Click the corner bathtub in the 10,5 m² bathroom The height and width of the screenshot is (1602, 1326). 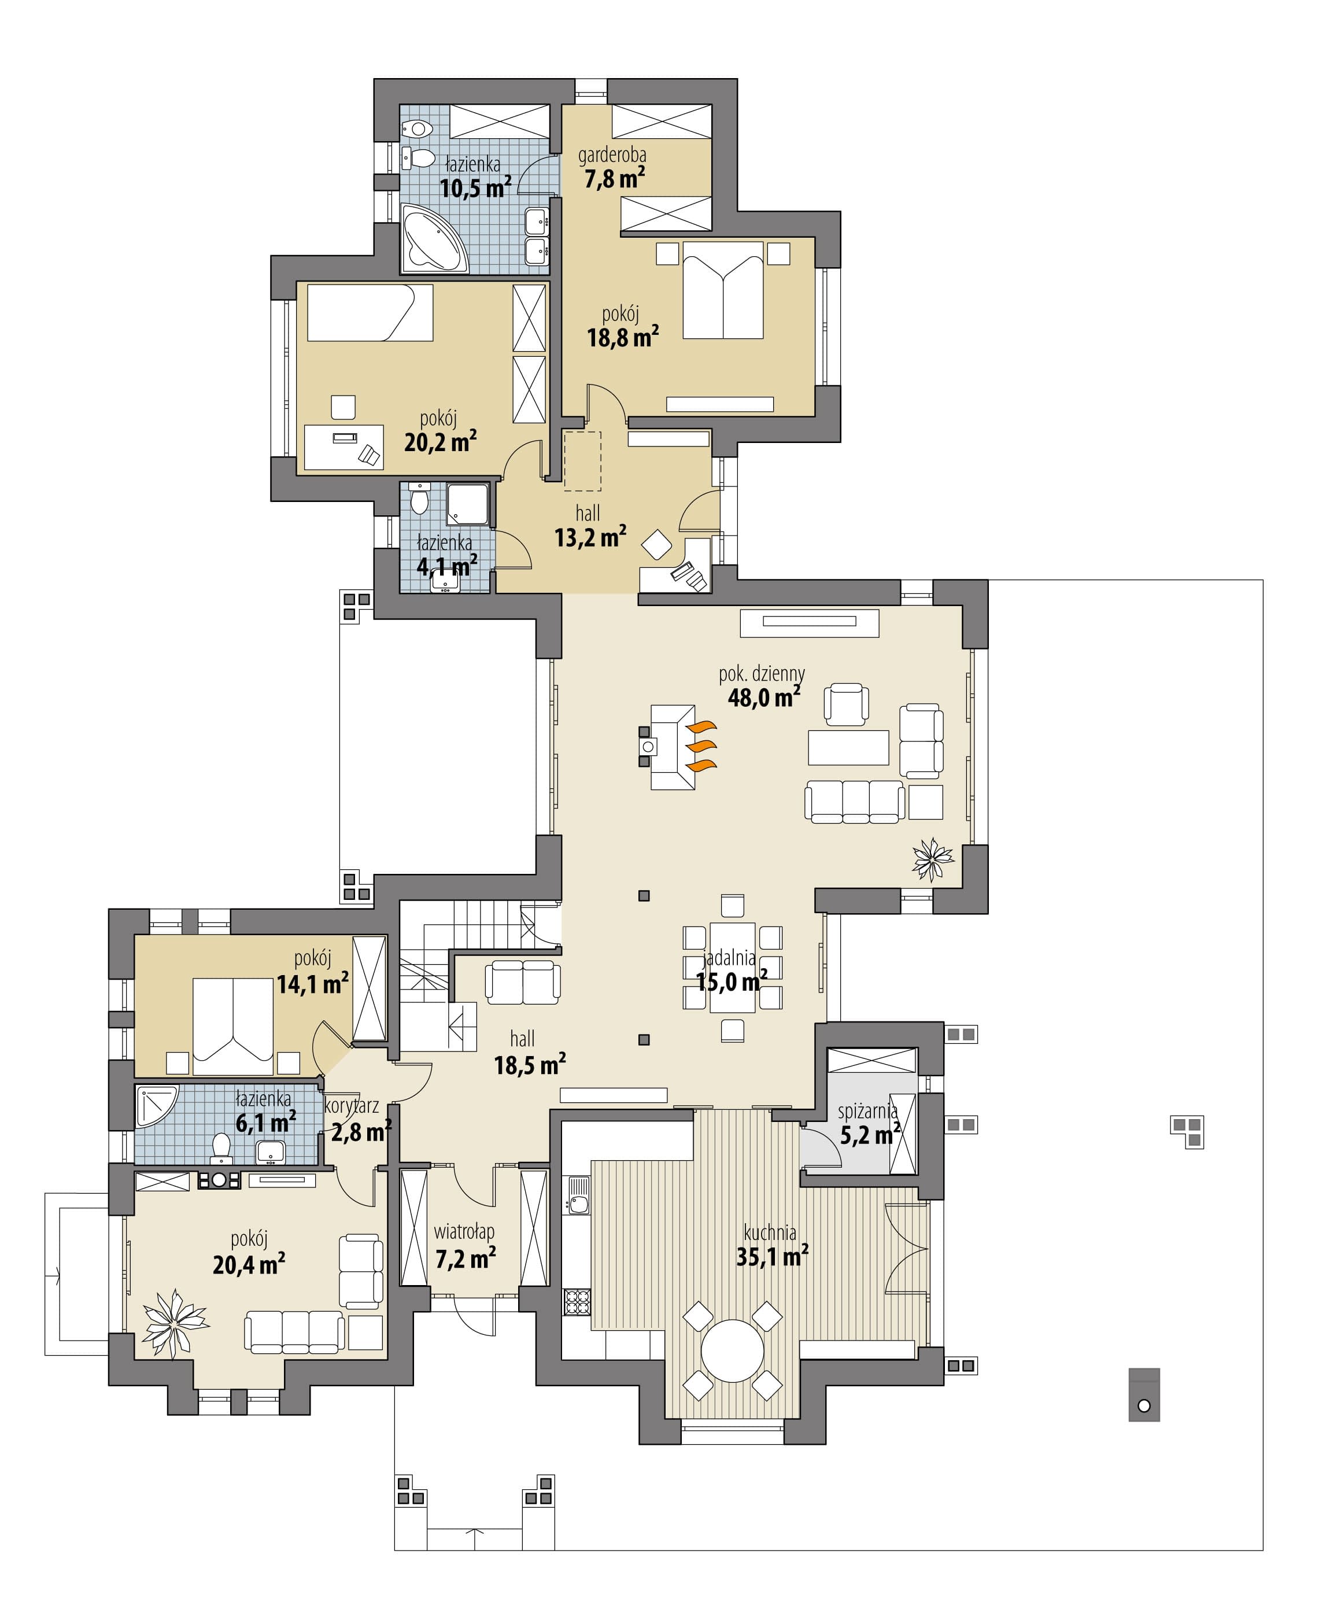[433, 237]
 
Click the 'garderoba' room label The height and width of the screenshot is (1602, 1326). [612, 156]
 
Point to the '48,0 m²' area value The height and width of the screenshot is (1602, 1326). [764, 696]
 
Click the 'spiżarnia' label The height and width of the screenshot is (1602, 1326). [867, 1111]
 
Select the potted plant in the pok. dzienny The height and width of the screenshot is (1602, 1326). [932, 858]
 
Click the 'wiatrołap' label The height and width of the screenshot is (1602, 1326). [464, 1231]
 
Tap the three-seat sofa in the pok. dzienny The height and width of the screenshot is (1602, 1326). [855, 802]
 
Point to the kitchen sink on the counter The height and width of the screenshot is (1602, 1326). [578, 1197]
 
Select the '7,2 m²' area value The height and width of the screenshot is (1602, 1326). [466, 1258]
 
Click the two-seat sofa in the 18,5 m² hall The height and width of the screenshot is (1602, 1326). [523, 982]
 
